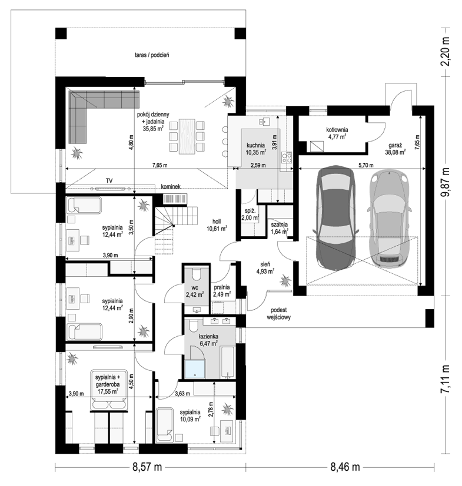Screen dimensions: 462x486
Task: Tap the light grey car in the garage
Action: pyautogui.click(x=390, y=218)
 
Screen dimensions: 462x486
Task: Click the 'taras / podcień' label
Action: pyautogui.click(x=152, y=55)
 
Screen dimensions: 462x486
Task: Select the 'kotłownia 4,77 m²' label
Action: pyautogui.click(x=337, y=133)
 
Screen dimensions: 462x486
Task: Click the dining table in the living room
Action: pyautogui.click(x=187, y=136)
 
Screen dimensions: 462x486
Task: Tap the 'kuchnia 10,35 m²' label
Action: pyautogui.click(x=256, y=149)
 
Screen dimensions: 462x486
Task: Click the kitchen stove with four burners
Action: pyautogui.click(x=287, y=157)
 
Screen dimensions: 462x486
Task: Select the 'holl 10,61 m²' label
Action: pyautogui.click(x=217, y=225)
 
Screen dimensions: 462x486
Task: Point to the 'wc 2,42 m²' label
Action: pyautogui.click(x=195, y=291)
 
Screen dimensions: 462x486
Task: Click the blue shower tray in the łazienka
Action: pyautogui.click(x=195, y=369)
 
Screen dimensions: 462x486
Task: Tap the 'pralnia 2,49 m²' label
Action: pyautogui.click(x=222, y=291)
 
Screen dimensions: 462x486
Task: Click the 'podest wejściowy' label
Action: pyautogui.click(x=278, y=313)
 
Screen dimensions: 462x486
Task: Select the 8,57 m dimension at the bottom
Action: pyautogui.click(x=148, y=467)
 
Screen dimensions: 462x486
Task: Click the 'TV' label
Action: pyautogui.click(x=109, y=180)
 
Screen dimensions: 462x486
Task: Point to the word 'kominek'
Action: pyautogui.click(x=171, y=187)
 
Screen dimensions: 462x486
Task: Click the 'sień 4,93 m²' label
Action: pyautogui.click(x=265, y=268)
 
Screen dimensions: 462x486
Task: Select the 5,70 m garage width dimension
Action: pyautogui.click(x=366, y=165)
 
